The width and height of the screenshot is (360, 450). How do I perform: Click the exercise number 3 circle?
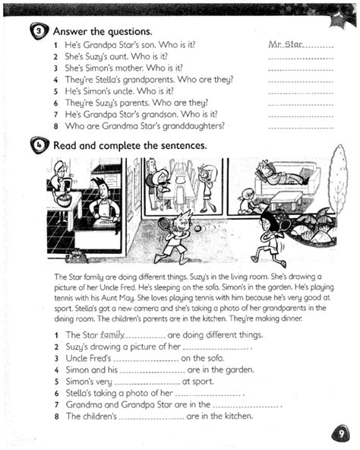37,32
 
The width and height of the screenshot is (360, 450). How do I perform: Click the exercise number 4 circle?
37,144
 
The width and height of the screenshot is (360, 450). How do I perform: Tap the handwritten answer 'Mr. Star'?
286,46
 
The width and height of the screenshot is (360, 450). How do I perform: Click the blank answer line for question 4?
301,81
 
